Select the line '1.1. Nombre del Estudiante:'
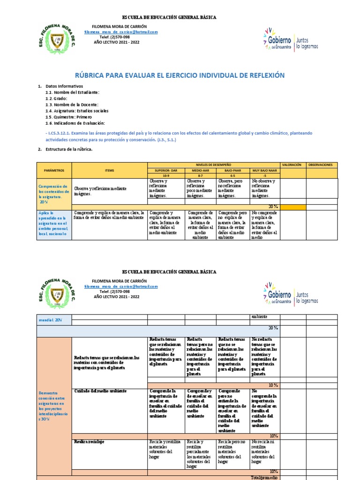(x=72, y=92)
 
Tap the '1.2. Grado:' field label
(x=57, y=98)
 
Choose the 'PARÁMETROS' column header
(x=54, y=171)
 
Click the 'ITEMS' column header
(x=109, y=171)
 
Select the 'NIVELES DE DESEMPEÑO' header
(x=213, y=165)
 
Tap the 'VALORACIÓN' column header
(x=292, y=165)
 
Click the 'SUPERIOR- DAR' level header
(x=166, y=171)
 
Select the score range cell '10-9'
(x=166, y=176)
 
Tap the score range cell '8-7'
(x=201, y=176)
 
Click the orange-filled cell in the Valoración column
(x=292, y=207)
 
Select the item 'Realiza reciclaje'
(x=89, y=442)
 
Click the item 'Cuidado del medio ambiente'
(x=101, y=390)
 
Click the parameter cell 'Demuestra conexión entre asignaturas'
(x=54, y=406)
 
